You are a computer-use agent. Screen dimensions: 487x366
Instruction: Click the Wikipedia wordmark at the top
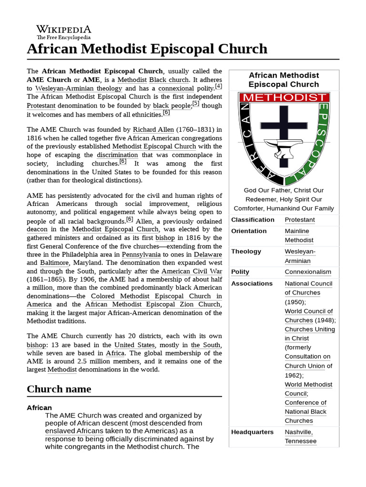pos(64,29)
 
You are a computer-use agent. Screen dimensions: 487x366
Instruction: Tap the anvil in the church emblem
pos(283,151)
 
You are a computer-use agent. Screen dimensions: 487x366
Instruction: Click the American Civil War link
pos(192,271)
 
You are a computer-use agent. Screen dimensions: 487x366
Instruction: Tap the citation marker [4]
pos(218,86)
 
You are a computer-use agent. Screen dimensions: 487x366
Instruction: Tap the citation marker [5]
pos(195,104)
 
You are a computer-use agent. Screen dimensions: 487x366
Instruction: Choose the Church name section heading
pos(59,389)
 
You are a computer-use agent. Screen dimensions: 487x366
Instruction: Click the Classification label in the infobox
pos(253,220)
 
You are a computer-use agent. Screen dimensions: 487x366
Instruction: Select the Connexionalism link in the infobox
pos(307,272)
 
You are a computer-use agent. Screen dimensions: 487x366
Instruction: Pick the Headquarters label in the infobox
pos(252,432)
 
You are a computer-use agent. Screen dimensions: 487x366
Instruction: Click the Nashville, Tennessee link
pos(300,437)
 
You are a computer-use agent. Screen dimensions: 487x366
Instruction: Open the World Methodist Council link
pos(308,389)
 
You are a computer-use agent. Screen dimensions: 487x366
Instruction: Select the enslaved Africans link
pos(74,431)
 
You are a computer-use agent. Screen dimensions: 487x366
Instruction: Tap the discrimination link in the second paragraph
pos(117,155)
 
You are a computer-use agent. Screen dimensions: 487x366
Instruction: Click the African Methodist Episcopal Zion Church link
pos(153,304)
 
